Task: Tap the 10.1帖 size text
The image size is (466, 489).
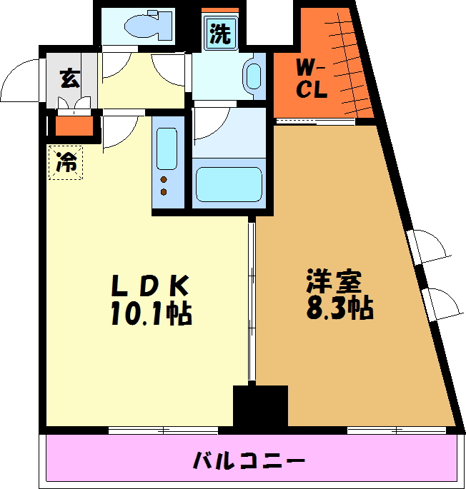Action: [x=151, y=313]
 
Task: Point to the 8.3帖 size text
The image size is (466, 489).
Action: [x=339, y=308]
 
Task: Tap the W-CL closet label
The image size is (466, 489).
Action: [x=312, y=81]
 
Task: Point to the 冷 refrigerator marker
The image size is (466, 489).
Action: [x=66, y=163]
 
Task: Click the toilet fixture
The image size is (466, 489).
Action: [x=147, y=26]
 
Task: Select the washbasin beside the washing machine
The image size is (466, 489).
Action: [x=254, y=76]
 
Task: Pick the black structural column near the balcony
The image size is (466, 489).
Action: [x=260, y=405]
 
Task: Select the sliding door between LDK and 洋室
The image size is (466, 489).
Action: [x=251, y=300]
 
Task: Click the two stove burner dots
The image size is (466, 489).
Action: [x=165, y=186]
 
